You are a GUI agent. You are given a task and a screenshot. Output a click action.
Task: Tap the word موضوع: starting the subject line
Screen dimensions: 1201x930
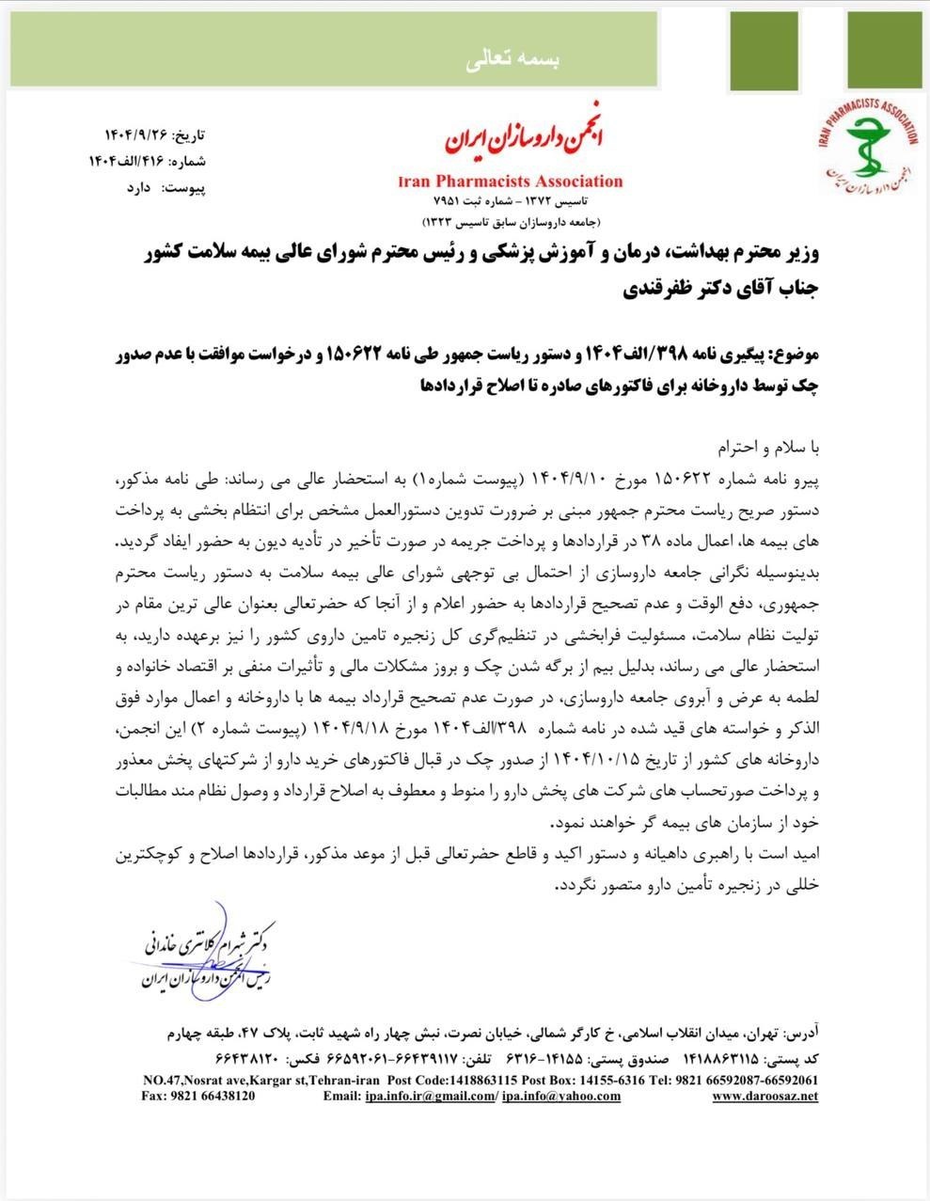[x=796, y=356]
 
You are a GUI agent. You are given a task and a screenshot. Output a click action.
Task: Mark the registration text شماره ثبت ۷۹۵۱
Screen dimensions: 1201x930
[x=467, y=202]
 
